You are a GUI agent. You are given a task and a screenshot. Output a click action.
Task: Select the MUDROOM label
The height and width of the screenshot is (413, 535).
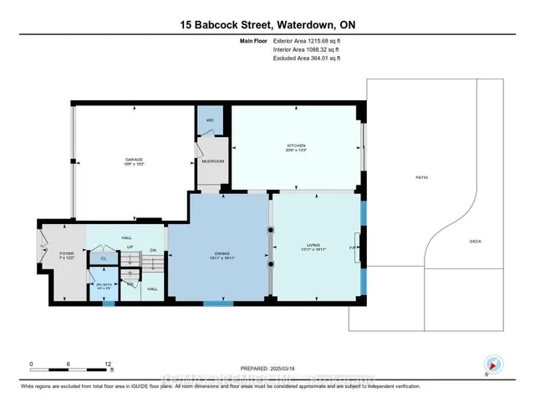click(x=213, y=161)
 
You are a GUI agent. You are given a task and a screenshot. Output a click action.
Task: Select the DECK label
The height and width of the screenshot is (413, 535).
click(x=475, y=242)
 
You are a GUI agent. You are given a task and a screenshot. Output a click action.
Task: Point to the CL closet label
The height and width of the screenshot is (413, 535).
click(x=103, y=258)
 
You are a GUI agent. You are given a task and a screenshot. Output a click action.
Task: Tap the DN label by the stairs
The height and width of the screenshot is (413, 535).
click(x=153, y=250)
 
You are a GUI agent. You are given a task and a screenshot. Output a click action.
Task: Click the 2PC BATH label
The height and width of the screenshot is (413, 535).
click(x=104, y=287)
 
